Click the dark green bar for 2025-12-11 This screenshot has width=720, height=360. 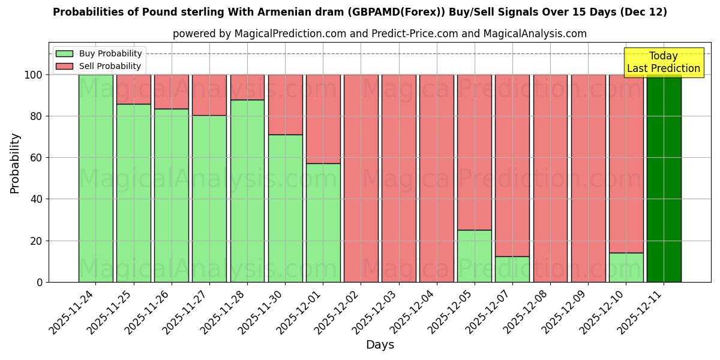point(664,178)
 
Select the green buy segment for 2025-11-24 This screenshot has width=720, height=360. point(95,178)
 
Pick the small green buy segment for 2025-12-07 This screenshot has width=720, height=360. point(512,269)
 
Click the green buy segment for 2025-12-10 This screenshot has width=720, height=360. point(626,268)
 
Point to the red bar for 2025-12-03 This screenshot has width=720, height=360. point(398,178)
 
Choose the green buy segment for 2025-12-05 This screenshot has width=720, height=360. point(474,256)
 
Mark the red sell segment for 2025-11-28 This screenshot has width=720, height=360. point(247,87)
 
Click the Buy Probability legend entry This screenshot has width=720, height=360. point(99,53)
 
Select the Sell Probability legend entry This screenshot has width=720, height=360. point(99,66)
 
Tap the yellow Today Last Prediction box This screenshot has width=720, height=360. point(663,62)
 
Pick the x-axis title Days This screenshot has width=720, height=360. point(380,345)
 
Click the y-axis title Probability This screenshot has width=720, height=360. point(15,163)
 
